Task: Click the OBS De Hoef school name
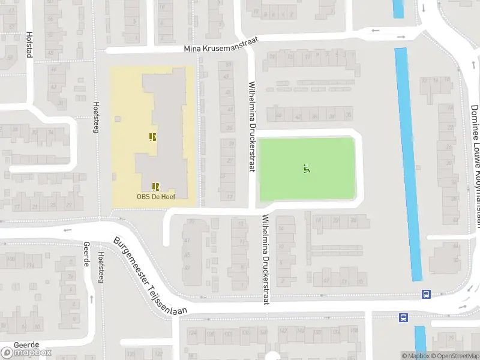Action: point(154,196)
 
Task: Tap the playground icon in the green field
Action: point(307,169)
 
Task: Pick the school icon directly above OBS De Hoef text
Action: point(155,187)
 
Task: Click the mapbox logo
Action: point(26,353)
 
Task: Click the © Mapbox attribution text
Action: point(415,356)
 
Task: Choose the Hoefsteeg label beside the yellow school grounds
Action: point(95,116)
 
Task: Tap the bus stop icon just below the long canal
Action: point(426,294)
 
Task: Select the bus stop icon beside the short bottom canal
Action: point(404,317)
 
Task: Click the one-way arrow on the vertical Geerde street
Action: point(91,298)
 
